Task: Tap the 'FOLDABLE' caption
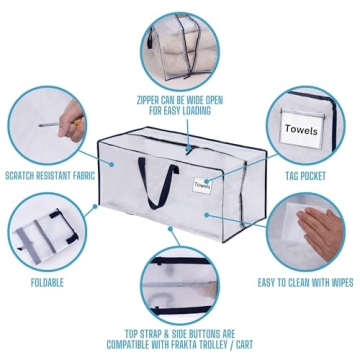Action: coord(47,283)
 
